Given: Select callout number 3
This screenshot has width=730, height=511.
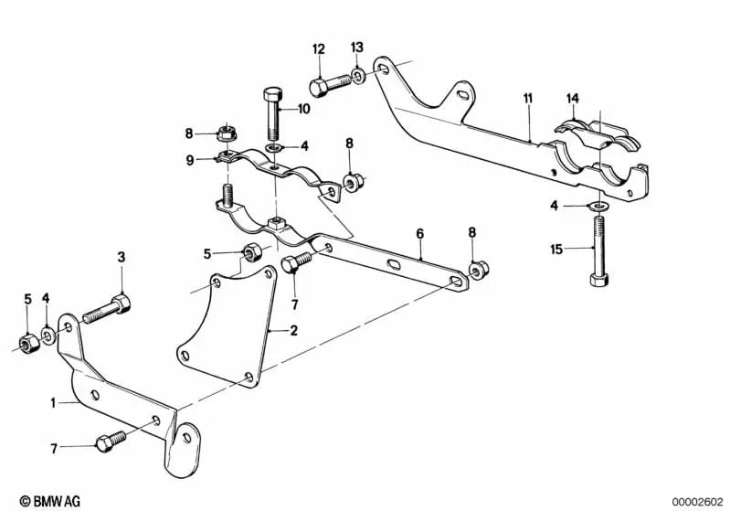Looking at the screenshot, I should tap(121, 258).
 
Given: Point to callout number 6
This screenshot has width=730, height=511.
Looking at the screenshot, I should tap(420, 234).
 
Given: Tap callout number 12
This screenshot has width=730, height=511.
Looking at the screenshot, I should tap(318, 48).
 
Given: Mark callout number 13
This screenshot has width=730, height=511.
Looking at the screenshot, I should tap(356, 47).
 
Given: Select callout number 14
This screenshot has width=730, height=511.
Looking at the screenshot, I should tap(573, 98).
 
